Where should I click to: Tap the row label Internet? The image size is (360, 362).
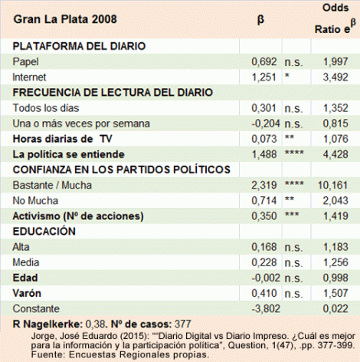30,77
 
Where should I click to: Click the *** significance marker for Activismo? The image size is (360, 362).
293,216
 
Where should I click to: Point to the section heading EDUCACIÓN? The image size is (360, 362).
44,231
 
